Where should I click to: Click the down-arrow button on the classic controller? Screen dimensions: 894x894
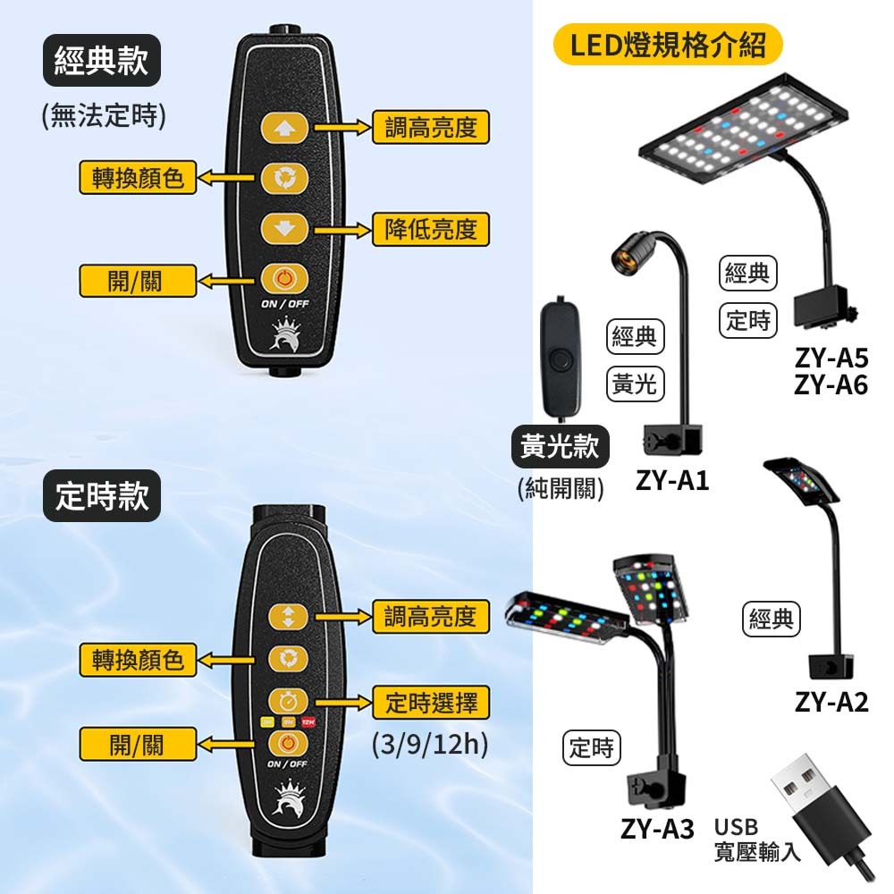pyautogui.click(x=284, y=229)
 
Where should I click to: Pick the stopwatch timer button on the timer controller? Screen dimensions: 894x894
pyautogui.click(x=288, y=700)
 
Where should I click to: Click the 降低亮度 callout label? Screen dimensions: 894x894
pyautogui.click(x=430, y=230)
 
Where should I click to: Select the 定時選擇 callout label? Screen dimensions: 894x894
pyautogui.click(x=430, y=703)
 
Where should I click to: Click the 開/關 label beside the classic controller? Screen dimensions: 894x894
pyautogui.click(x=136, y=281)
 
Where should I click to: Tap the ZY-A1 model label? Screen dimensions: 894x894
pyautogui.click(x=672, y=481)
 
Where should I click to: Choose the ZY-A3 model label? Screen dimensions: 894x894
pyautogui.click(x=657, y=830)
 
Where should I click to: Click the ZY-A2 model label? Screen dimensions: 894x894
pyautogui.click(x=831, y=702)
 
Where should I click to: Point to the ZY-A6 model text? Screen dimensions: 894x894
pyautogui.click(x=831, y=385)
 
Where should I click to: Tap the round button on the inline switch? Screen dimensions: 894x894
pyautogui.click(x=561, y=360)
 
